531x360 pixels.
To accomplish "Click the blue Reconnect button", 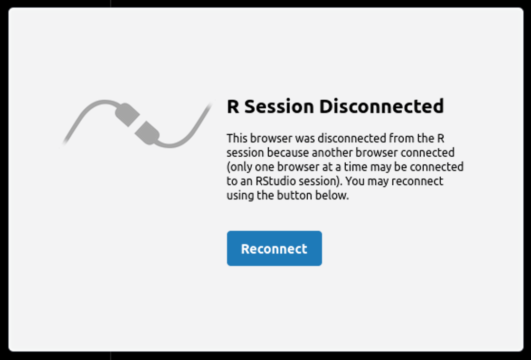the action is [x=275, y=248].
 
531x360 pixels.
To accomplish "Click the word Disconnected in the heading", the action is [x=381, y=106].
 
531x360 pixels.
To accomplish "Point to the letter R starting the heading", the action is [x=233, y=107].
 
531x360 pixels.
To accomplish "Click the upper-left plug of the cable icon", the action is [x=127, y=114].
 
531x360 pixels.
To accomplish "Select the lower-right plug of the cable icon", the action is [x=147, y=133].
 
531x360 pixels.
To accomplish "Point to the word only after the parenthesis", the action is [x=240, y=167].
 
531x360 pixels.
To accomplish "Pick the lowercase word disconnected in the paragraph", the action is [x=351, y=138].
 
